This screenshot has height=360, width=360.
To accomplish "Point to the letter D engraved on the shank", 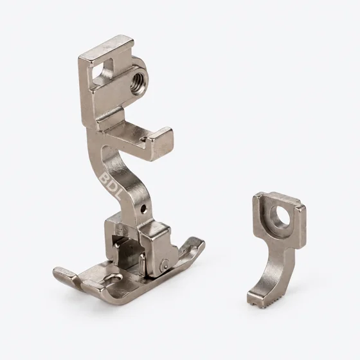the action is [x=111, y=186].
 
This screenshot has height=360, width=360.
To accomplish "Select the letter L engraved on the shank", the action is [x=117, y=195].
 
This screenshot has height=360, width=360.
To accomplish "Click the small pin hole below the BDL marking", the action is [x=143, y=209].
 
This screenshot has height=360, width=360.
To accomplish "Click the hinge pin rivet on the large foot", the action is [x=165, y=264].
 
